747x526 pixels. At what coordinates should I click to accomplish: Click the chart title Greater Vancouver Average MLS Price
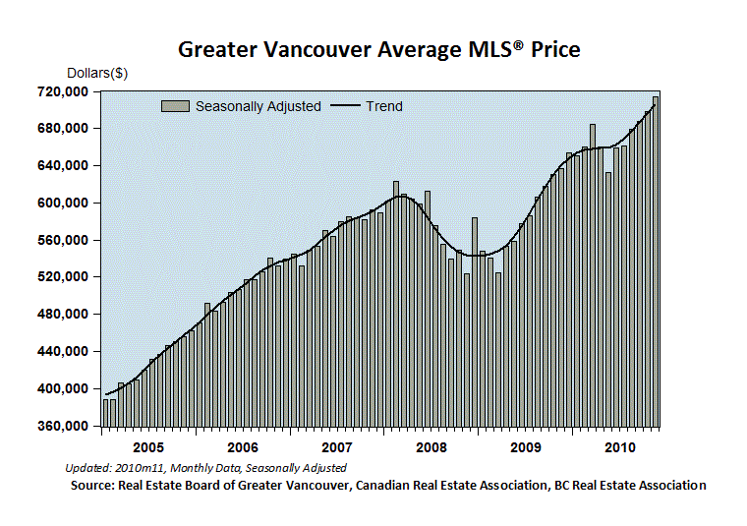coord(379,49)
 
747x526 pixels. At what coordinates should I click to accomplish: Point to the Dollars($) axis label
coord(97,73)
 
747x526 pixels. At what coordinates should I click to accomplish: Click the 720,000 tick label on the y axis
coord(63,91)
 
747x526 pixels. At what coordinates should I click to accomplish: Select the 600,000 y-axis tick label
coord(63,203)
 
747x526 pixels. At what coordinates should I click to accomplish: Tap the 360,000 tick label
coord(63,426)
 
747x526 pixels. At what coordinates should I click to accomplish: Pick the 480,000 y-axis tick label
coord(63,315)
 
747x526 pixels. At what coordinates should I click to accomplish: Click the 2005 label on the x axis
coord(148,448)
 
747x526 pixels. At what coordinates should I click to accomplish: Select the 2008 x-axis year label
coord(431,448)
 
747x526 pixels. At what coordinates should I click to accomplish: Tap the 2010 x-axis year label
coord(620,448)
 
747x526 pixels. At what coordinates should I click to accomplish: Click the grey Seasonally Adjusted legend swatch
coord(175,106)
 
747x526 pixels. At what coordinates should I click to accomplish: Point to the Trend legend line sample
coord(345,105)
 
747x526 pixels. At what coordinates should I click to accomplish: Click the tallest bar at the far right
coord(656,262)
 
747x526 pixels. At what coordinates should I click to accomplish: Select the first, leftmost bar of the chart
coord(106,413)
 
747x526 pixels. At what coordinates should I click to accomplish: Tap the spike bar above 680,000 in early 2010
coord(593,275)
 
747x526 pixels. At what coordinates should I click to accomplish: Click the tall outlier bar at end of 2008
coord(475,322)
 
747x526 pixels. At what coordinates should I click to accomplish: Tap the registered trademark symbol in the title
coord(519,45)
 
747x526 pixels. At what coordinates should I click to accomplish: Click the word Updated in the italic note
coord(88,468)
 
